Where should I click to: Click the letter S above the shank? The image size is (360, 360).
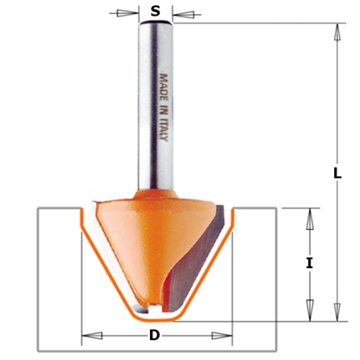click(155, 11)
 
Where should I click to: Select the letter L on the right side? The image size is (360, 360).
click(336, 173)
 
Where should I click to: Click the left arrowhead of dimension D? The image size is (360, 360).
click(86, 335)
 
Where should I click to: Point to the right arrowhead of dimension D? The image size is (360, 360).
click(227, 335)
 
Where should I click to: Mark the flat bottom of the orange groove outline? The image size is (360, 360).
click(156, 318)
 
